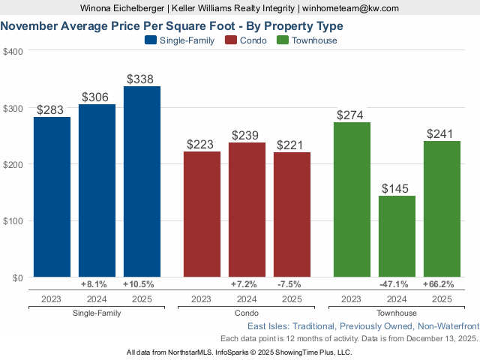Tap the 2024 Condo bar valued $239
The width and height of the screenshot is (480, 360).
coord(247,210)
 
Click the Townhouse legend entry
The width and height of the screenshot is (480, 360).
coord(307,40)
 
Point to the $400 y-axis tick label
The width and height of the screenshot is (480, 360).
coord(13,52)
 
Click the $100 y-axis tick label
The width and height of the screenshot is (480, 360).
coord(13,221)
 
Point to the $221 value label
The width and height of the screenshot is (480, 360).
coord(292,145)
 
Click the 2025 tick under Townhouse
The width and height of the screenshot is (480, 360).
coord(442,298)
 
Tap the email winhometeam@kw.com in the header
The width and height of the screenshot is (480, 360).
coord(351,8)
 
